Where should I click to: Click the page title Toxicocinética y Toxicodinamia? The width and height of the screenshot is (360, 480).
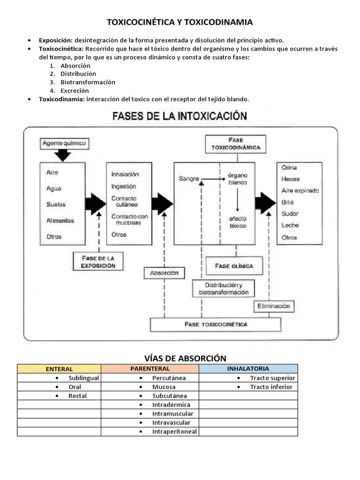pos(180,22)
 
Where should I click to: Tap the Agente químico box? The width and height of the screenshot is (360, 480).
pos(64,143)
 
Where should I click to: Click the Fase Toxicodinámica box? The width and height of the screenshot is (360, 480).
pos(236,143)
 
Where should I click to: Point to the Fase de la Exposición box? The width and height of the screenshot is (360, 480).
pos(98,262)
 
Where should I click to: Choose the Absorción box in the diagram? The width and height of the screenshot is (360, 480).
pos(164,273)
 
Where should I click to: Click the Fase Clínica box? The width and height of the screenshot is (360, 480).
pos(233,266)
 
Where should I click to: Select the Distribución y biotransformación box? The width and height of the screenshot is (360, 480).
pos(223,288)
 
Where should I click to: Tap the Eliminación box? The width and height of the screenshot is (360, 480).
pos(274,306)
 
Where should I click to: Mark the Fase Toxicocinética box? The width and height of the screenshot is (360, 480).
pos(216,324)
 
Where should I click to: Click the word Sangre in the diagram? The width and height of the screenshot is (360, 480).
pos(189,179)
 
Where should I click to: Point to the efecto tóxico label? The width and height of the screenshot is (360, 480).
pos(238,222)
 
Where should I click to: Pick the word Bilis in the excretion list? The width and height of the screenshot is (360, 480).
pos(288,202)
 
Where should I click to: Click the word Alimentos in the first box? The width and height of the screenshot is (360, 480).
pos(60,220)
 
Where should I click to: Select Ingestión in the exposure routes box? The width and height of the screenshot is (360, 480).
pos(124,186)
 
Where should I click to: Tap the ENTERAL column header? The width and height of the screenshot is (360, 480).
pos(59,369)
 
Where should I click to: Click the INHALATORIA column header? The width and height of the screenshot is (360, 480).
pos(248,369)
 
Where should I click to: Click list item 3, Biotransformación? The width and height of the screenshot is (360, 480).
pos(88,82)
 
